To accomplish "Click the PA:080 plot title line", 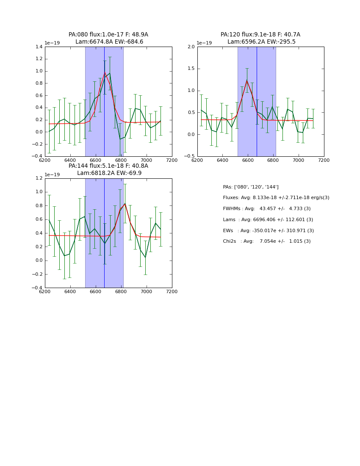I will pos(108,35).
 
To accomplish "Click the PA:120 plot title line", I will pos(260,35).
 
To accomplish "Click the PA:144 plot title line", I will pos(108,166).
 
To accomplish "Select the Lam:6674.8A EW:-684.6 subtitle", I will pos(109,42).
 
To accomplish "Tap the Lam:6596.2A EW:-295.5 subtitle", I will pos(261,42).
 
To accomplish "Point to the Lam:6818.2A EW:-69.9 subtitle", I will pos(109,173).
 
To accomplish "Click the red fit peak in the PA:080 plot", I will pos(105,72).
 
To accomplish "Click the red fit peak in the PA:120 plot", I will pos(247,80).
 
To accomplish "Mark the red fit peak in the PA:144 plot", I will pos(125,204).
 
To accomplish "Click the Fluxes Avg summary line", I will pos(276,198).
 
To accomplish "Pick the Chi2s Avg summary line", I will pos(266,241).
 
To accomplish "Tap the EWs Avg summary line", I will pos(268,231).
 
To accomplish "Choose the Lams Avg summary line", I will pos(268,220).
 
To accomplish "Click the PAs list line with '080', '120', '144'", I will pos(250,187).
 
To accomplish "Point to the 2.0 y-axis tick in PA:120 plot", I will pos(191,47).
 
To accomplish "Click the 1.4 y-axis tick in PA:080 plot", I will pos(39,47).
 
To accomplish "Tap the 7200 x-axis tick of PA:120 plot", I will pos(324,160).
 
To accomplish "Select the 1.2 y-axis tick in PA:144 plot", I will pos(39,178).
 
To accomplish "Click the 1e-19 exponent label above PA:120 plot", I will pos(204,43).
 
